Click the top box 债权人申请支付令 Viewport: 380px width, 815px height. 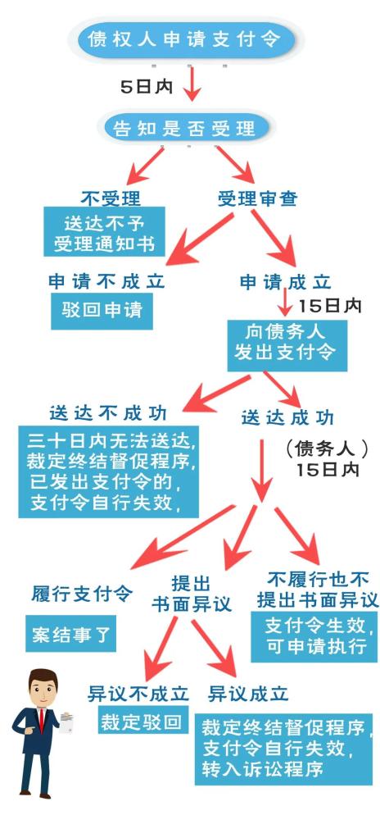185,39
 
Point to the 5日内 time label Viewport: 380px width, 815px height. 147,87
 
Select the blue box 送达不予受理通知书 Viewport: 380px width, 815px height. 104,231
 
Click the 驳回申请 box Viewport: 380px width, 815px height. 102,311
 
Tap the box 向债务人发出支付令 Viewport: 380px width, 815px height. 287,345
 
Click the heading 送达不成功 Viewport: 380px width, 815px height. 108,412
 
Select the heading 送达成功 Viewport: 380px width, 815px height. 288,417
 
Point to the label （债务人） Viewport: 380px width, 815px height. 327,448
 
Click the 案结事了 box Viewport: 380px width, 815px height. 70,634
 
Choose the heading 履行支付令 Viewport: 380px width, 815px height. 82,594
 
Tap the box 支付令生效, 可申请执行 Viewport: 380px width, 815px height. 314,636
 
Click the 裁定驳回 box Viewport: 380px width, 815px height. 143,722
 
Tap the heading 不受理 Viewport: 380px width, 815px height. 111,198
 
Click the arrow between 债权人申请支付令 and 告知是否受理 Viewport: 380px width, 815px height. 192,83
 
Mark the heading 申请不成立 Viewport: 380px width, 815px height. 106,281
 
